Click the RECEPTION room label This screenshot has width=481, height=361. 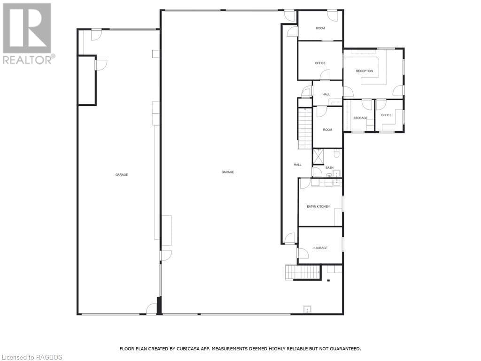click(x=364, y=71)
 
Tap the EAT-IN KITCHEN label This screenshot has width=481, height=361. click(x=318, y=206)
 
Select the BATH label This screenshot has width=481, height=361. click(x=329, y=168)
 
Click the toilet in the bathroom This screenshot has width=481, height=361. click(x=337, y=153)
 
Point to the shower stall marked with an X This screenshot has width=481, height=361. click(x=318, y=156)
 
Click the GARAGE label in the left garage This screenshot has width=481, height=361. click(x=121, y=174)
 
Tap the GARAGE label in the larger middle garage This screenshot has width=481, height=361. click(x=227, y=172)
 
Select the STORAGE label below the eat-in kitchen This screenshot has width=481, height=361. click(x=320, y=248)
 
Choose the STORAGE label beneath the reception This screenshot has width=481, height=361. click(x=360, y=118)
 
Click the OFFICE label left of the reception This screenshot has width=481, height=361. click(x=320, y=63)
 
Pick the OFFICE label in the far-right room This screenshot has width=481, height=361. click(x=386, y=115)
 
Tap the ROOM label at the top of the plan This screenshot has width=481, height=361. click(x=320, y=28)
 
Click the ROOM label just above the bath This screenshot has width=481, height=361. click(x=327, y=130)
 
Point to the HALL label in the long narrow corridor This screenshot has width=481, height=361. click(x=297, y=165)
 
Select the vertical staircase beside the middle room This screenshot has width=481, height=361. click(x=305, y=128)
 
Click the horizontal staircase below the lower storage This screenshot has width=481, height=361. click(x=303, y=272)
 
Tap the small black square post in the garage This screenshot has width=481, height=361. click(x=328, y=281)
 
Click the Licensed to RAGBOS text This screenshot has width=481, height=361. click(x=31, y=357)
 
